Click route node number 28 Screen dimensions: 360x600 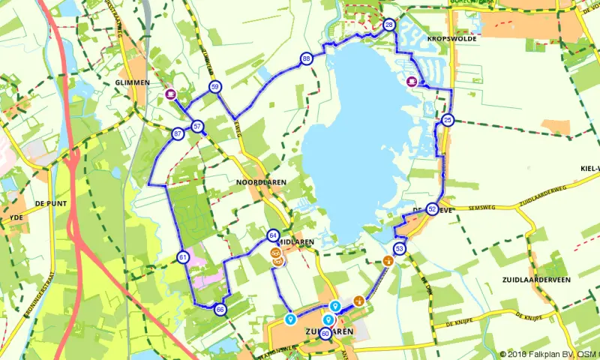click(388, 25)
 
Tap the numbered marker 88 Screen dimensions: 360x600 click(306, 58)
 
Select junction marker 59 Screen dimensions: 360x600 click(214, 87)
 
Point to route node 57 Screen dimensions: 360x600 click(197, 126)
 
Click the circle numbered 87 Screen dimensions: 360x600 click(178, 134)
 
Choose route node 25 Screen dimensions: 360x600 click(448, 120)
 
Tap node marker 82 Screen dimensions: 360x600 click(432, 209)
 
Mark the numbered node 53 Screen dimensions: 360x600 click(399, 248)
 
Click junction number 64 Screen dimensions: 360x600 click(273, 235)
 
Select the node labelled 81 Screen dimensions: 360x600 click(182, 258)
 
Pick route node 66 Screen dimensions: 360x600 click(220, 309)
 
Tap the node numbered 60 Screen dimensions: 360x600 click(325, 334)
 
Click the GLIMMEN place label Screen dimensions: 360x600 click(149, 82)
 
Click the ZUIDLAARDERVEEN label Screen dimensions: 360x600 click(538, 279)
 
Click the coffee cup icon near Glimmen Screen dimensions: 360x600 click(171, 94)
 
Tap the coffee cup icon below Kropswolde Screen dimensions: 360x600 click(412, 82)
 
